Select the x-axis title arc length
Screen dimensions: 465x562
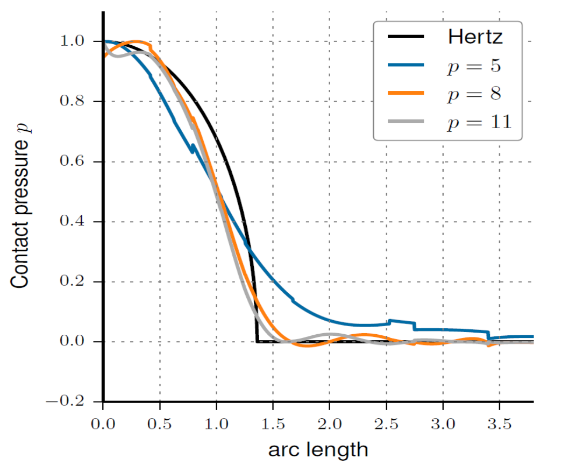point(318,449)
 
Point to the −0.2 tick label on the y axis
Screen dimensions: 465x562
point(75,402)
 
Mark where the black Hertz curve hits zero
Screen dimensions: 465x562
point(257,341)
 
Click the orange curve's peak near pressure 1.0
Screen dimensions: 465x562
point(137,41)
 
